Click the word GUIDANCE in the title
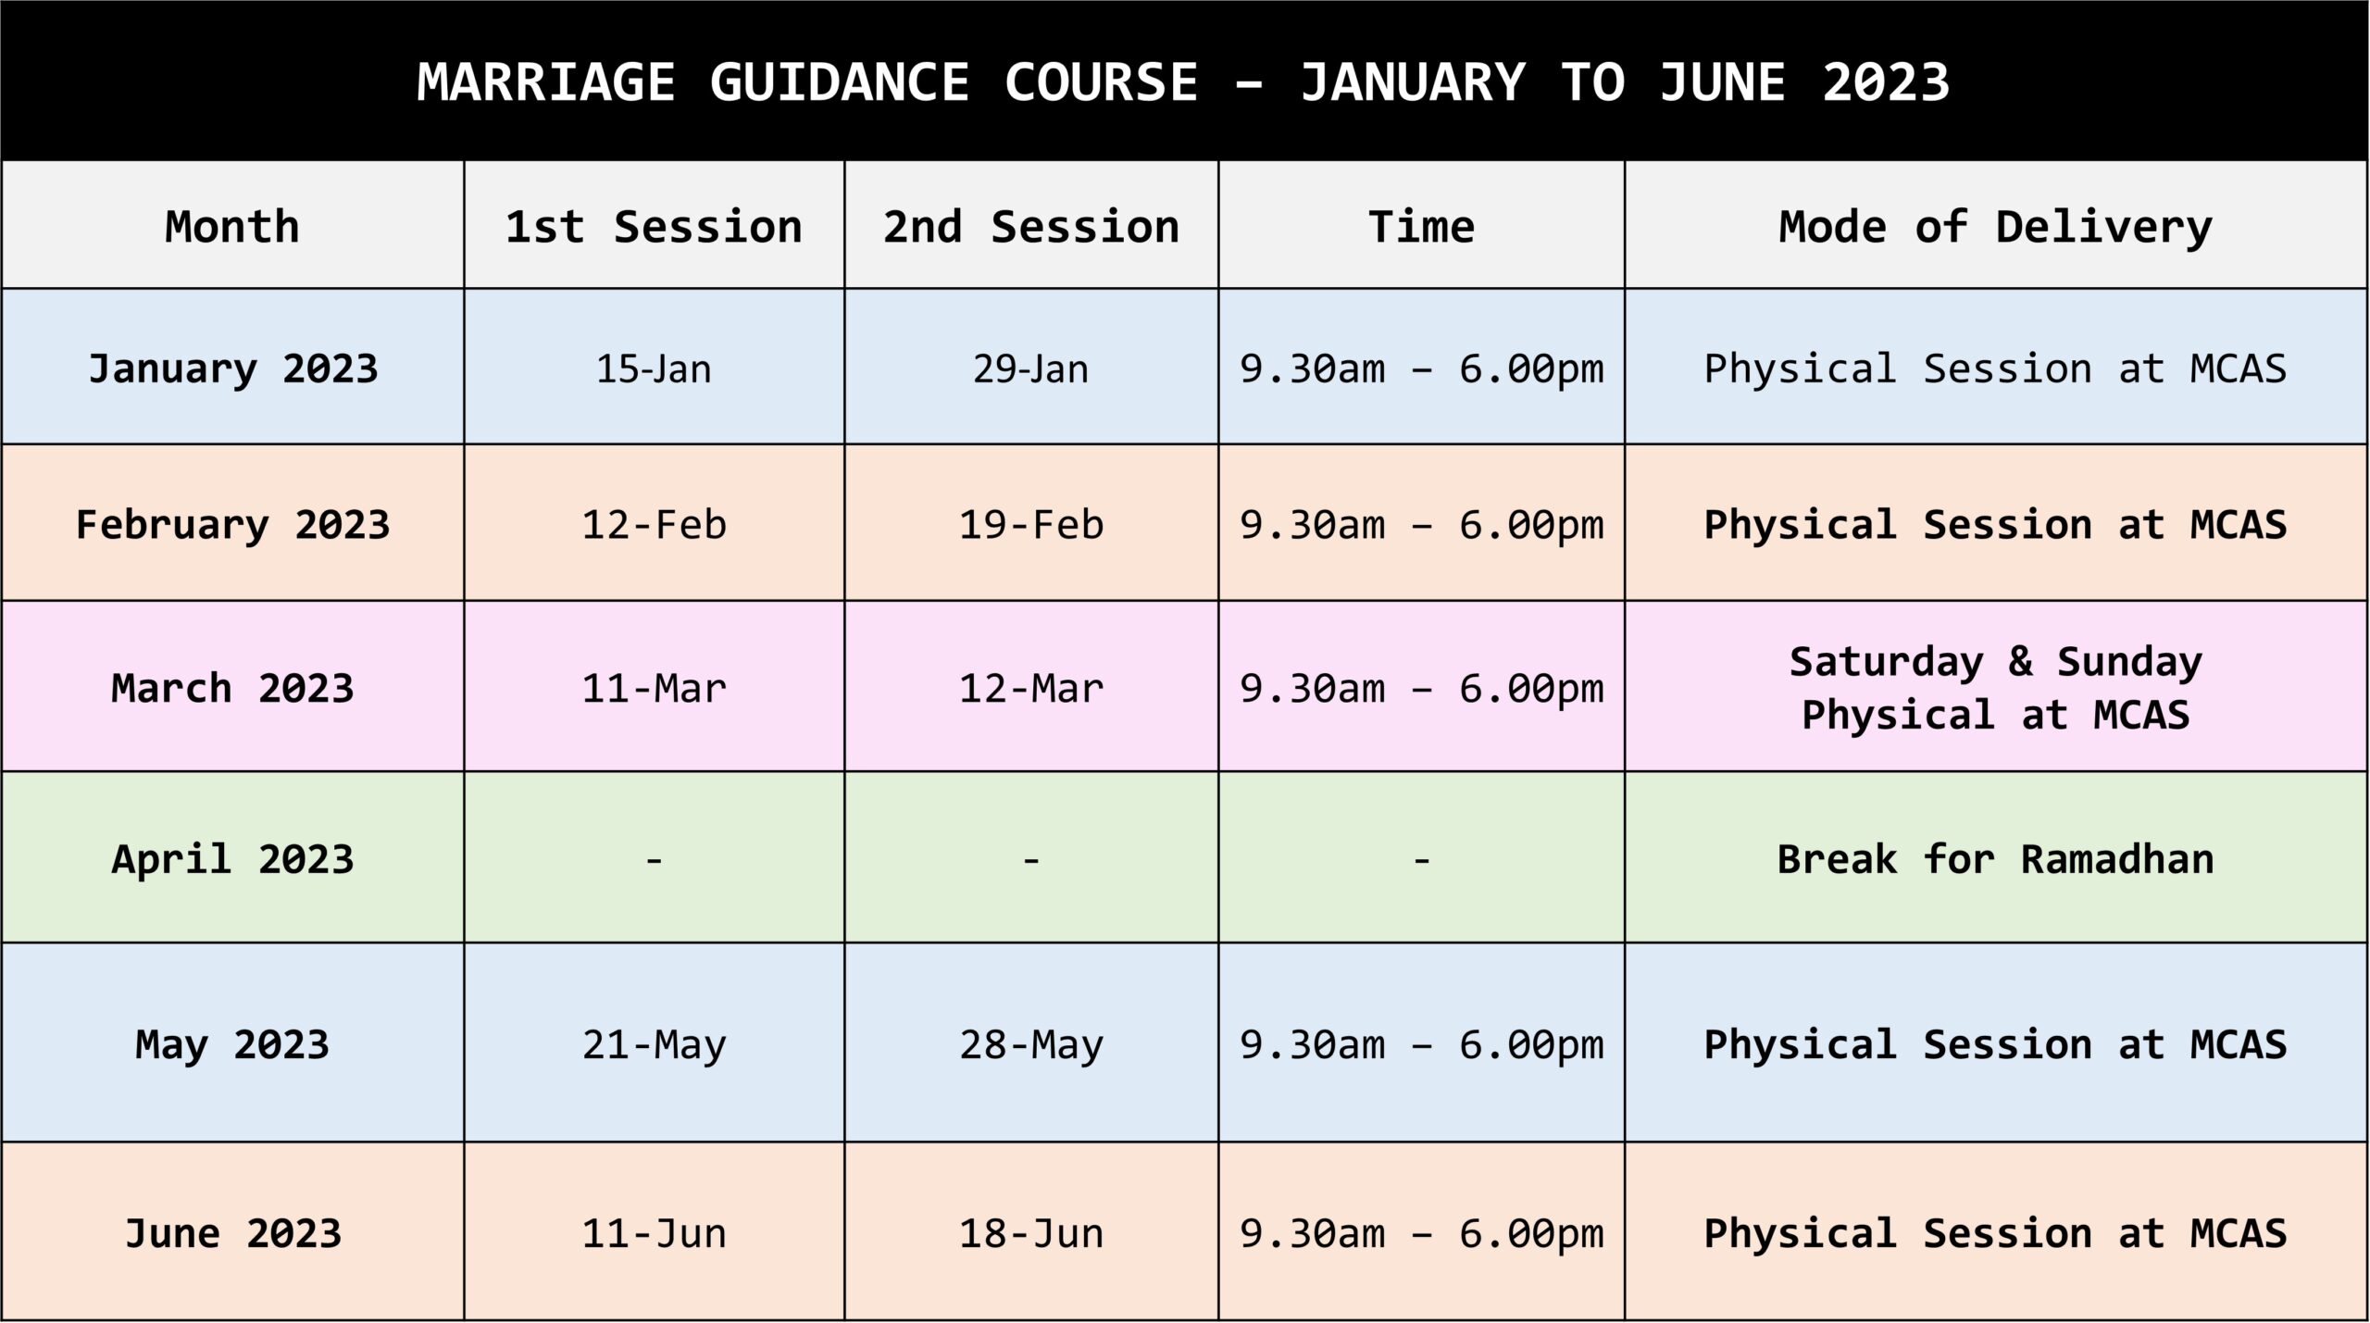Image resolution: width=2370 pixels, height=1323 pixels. (x=840, y=82)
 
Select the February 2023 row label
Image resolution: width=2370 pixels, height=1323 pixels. (x=232, y=525)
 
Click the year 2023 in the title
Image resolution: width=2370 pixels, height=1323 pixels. (x=1886, y=82)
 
